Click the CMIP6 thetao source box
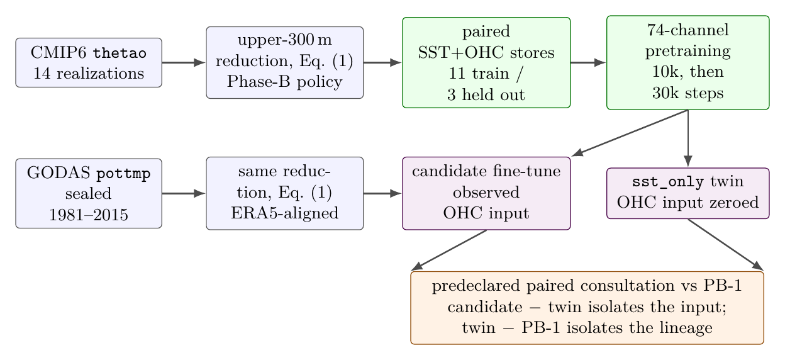click(x=89, y=63)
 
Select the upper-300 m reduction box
click(x=284, y=63)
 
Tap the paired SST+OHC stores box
click(x=486, y=63)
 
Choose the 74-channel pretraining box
click(x=688, y=63)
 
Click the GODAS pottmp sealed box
click(x=89, y=193)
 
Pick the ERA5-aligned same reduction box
click(x=284, y=193)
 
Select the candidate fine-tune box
click(x=486, y=193)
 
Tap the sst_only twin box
click(x=688, y=193)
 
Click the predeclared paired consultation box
click(x=587, y=308)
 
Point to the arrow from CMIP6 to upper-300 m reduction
click(x=184, y=63)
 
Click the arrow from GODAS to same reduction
click(x=184, y=193)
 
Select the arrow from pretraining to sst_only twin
click(x=688, y=138)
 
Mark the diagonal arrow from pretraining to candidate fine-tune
click(x=630, y=133)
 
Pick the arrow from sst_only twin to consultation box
click(x=725, y=245)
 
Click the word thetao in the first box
click(x=120, y=53)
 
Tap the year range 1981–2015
click(x=89, y=215)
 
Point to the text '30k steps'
click(x=688, y=93)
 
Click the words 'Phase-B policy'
click(x=284, y=82)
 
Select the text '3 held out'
click(x=486, y=94)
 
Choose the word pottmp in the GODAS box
click(x=123, y=174)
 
